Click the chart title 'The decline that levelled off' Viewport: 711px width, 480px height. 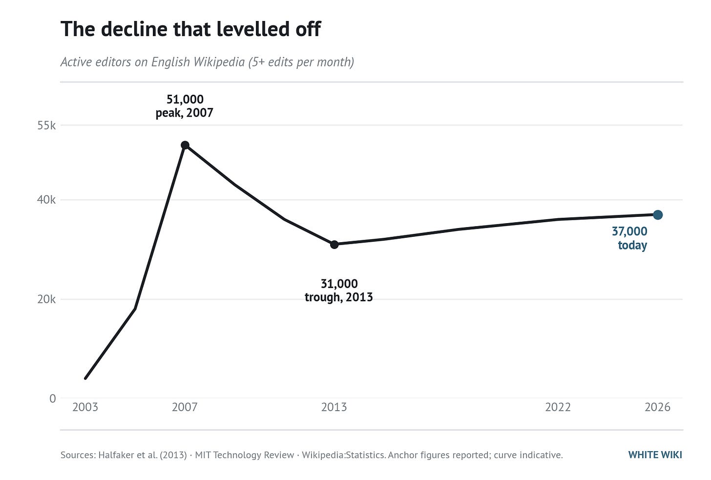point(190,29)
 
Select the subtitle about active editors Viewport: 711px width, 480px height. point(207,62)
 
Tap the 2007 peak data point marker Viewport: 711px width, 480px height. point(185,145)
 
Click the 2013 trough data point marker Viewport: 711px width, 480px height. point(334,245)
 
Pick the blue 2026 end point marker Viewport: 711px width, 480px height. point(658,215)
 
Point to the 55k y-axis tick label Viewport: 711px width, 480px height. point(46,125)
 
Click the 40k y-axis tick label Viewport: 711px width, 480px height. point(46,200)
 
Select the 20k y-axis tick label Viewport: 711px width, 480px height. point(46,299)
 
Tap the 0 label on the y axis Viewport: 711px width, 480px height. point(53,398)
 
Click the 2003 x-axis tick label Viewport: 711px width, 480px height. point(85,407)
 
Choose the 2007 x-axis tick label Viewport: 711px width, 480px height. point(185,407)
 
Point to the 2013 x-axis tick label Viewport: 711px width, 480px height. point(334,407)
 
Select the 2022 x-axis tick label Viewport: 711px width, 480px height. point(558,407)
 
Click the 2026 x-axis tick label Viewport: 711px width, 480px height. point(657,407)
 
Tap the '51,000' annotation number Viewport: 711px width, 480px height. point(185,99)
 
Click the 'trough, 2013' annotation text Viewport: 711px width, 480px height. point(339,297)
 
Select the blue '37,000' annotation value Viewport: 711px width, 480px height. point(629,231)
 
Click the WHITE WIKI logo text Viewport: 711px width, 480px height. point(655,455)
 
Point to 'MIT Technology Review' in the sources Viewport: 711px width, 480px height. point(244,455)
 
